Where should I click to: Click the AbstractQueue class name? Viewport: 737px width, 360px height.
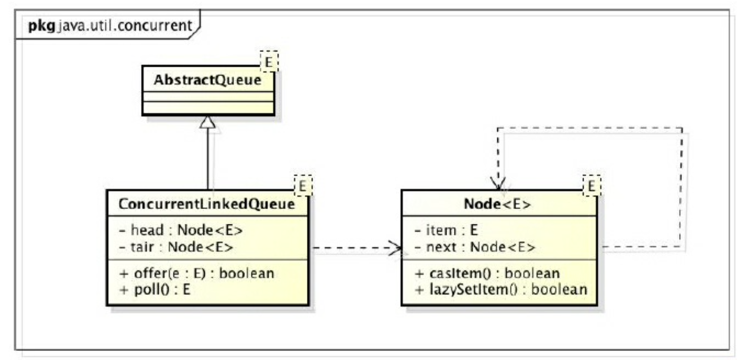pyautogui.click(x=207, y=80)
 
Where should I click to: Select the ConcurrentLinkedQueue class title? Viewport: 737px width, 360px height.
pyautogui.click(x=207, y=204)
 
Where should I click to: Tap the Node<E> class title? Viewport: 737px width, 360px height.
pyautogui.click(x=497, y=204)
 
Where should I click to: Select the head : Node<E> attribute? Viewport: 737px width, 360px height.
pyautogui.click(x=181, y=230)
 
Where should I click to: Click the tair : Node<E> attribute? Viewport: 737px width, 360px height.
pyautogui.click(x=176, y=247)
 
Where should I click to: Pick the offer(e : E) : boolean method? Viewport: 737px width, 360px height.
pyautogui.click(x=197, y=273)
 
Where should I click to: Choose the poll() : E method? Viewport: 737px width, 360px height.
pyautogui.click(x=155, y=290)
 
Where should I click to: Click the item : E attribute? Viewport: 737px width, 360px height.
pyautogui.click(x=446, y=230)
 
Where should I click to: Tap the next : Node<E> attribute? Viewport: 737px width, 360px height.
pyautogui.click(x=475, y=247)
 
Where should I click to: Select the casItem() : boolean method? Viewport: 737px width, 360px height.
pyautogui.click(x=487, y=273)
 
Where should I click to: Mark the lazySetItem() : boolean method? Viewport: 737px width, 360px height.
pyautogui.click(x=501, y=290)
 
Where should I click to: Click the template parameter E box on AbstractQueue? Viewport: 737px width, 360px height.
pyautogui.click(x=269, y=61)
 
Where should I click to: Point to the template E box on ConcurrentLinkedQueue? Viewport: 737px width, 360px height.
pyautogui.click(x=303, y=186)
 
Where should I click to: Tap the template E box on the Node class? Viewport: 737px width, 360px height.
pyautogui.click(x=592, y=186)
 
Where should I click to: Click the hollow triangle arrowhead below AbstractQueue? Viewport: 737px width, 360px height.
pyautogui.click(x=208, y=122)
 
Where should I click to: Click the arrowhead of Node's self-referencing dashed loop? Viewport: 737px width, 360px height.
pyautogui.click(x=498, y=184)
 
